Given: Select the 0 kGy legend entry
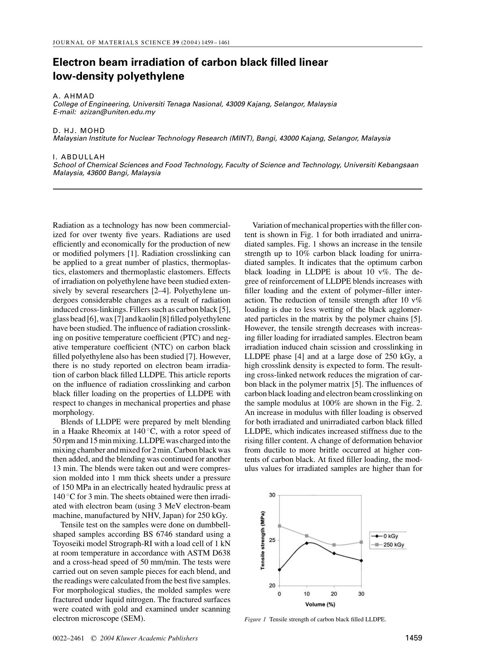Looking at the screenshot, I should pos(391,536).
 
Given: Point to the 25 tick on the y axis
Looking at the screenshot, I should pos(273,540).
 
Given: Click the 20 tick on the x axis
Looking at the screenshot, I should pos(334,594).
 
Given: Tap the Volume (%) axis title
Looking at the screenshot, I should pos(320,604).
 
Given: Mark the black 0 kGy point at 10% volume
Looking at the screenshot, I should pos(307,543).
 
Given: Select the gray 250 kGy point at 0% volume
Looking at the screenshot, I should pos(280,526).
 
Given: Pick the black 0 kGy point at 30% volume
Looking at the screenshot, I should pos(361,560).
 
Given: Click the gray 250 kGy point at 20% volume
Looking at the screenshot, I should pos(334,545).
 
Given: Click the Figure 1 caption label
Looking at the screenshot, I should pos(255,619).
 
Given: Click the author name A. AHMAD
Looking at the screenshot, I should pos(74,96).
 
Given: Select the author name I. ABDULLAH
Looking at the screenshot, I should pos(79,157).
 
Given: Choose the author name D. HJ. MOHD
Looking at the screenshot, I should pos(79,130).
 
